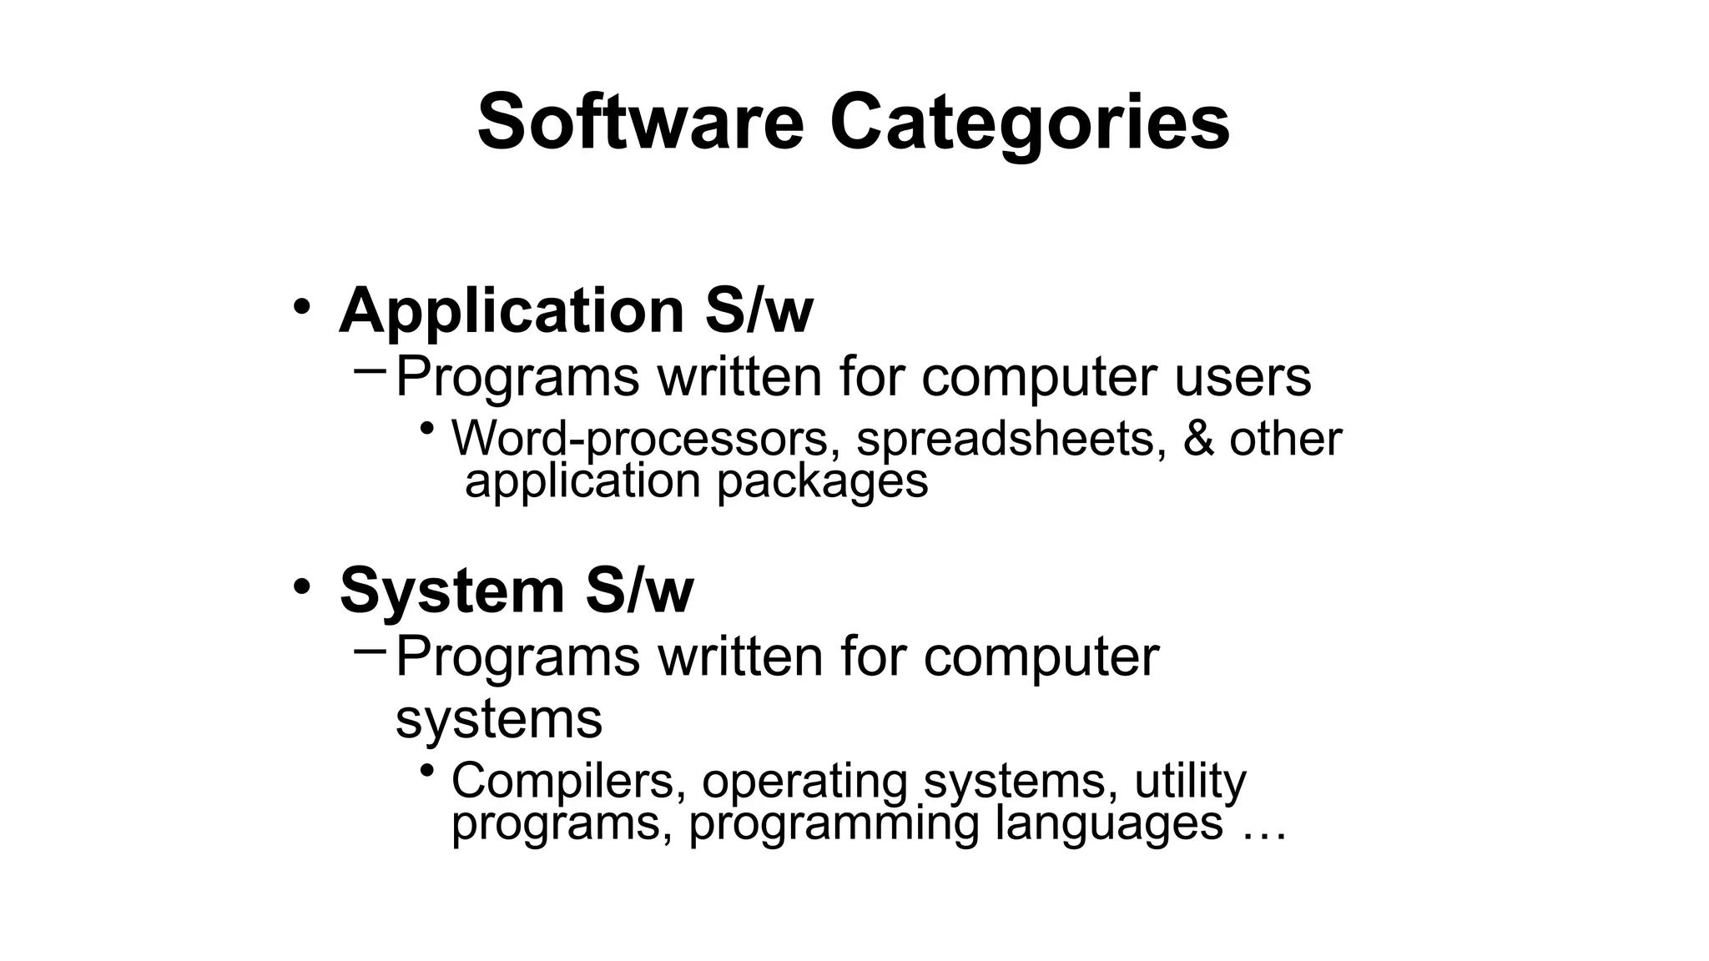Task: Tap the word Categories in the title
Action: (x=1029, y=123)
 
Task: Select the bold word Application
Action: (x=512, y=310)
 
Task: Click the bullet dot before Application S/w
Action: (x=301, y=306)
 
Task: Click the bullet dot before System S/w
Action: (x=301, y=586)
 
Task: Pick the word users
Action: (x=1243, y=377)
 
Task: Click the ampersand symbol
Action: (x=1197, y=439)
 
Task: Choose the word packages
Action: (x=822, y=482)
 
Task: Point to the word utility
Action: (x=1190, y=782)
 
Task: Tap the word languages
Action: (x=1109, y=823)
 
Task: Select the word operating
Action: (x=804, y=782)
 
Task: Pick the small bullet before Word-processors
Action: (x=427, y=429)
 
